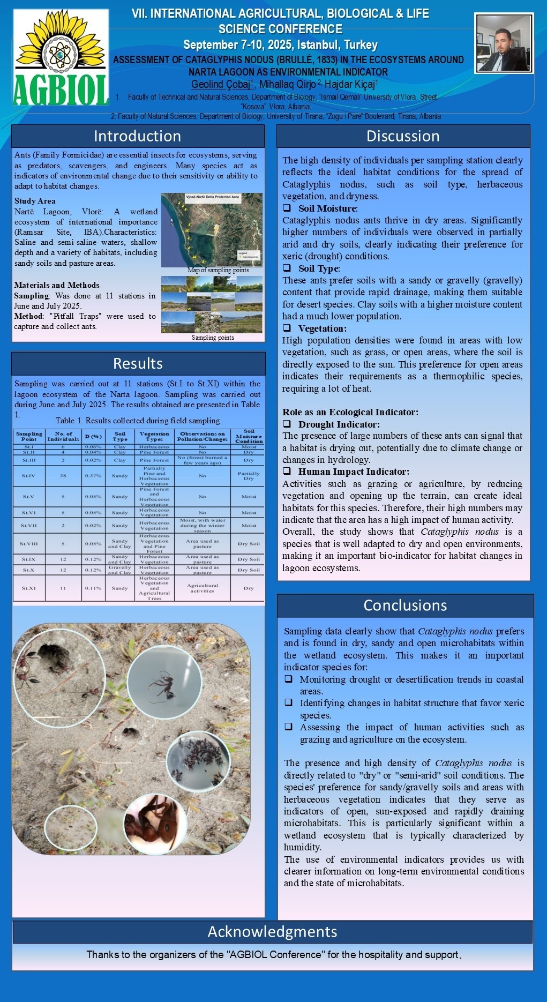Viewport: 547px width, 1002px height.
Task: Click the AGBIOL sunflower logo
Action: [x=61, y=57]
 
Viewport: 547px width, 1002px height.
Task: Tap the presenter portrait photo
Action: [x=504, y=43]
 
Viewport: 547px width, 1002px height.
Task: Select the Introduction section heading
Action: [x=138, y=136]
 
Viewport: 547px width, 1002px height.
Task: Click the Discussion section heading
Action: [x=403, y=136]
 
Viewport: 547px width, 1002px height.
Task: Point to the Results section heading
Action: [x=138, y=364]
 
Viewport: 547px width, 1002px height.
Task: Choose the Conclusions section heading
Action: [x=405, y=605]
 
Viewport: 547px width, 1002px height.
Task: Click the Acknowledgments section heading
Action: [x=272, y=932]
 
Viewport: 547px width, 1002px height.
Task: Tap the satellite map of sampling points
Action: [x=212, y=230]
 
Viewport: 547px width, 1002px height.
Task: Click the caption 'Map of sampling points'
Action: [x=218, y=270]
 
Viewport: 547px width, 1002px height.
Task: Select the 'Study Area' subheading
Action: [x=35, y=201]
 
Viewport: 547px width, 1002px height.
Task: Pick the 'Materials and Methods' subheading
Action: [x=57, y=285]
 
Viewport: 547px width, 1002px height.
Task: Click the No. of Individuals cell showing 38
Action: [x=63, y=476]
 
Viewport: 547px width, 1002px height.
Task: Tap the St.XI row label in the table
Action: [x=29, y=588]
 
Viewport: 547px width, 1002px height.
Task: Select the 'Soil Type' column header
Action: [x=120, y=436]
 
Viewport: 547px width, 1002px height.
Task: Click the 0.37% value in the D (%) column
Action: [x=93, y=476]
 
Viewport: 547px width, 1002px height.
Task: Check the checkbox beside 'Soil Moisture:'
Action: [x=287, y=208]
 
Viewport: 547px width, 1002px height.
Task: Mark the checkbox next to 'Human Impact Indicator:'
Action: [x=288, y=472]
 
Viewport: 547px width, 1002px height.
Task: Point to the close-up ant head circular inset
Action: [x=155, y=824]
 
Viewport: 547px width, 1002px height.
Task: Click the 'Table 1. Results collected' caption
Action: [x=138, y=421]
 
